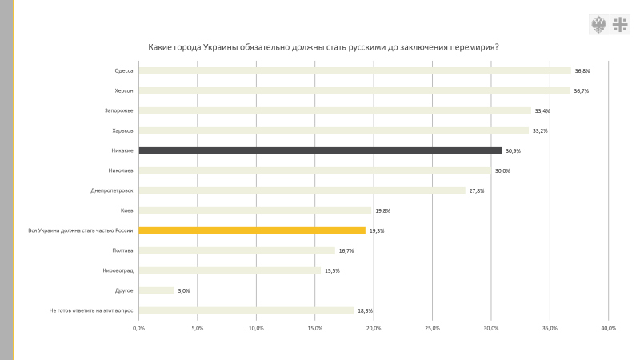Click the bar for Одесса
(354, 70)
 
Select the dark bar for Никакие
(320, 150)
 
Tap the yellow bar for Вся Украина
(252, 230)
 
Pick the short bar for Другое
(156, 290)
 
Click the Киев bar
(255, 210)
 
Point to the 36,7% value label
(582, 91)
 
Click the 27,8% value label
(477, 191)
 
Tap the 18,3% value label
(365, 311)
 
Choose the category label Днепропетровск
(112, 190)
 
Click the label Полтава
(123, 250)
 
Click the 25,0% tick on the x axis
(432, 328)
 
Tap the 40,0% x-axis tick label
(608, 328)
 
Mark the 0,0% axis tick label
(138, 328)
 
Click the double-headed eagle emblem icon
(598, 24)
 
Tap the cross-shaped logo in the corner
(620, 24)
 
